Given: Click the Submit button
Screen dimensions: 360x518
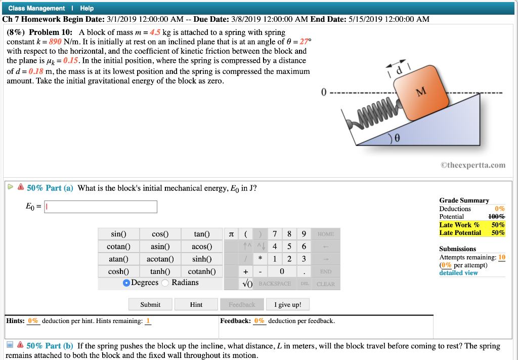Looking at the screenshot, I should tap(150, 304).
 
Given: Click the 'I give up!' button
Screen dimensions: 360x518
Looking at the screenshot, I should tap(287, 304).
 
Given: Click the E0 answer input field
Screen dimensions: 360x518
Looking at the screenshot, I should tap(101, 207).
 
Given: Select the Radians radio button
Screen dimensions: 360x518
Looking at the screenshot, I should tap(165, 283).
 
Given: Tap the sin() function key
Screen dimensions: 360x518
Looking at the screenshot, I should tap(118, 234).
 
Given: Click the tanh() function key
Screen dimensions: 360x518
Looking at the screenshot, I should tap(160, 271).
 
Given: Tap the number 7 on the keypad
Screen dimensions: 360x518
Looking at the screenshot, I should tap(274, 234).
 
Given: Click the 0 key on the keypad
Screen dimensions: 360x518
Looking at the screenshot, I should tap(288, 272).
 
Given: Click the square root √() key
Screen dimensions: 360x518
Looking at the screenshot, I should tap(247, 284).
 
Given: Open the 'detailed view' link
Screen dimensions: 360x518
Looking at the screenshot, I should tap(458, 273).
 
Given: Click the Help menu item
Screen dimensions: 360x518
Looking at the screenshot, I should tap(87, 8).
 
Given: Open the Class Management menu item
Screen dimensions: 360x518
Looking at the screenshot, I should tap(36, 8).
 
